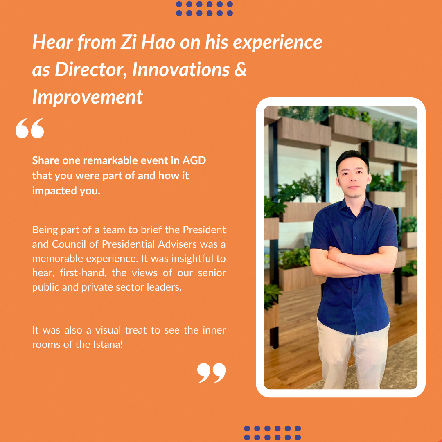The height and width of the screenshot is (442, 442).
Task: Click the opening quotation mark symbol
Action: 29,128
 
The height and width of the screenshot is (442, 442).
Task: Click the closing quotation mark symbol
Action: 212,373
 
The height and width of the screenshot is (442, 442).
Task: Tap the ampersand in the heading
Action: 241,69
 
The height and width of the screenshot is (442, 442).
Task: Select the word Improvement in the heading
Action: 88,97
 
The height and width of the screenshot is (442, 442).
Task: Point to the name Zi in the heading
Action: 129,42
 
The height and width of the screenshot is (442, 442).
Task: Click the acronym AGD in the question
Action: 194,160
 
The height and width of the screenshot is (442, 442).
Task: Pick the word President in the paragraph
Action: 204,230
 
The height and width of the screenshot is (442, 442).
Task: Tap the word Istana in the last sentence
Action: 108,344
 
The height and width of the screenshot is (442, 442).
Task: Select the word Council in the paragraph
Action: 68,244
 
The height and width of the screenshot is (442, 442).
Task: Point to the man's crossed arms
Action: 354,261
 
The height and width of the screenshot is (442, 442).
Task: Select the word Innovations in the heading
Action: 181,69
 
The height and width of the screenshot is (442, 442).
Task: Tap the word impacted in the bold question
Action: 54,191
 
